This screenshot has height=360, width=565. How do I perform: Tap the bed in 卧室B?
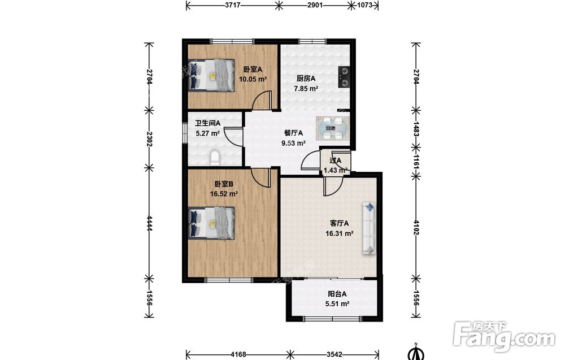click(x=211, y=223)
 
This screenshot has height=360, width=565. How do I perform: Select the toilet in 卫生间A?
click(x=214, y=158)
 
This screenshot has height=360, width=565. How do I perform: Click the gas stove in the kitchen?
click(x=344, y=77)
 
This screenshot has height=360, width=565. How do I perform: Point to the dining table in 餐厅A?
click(x=333, y=128)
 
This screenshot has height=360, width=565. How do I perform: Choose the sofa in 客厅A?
click(x=369, y=228)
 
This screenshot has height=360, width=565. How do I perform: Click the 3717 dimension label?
click(x=232, y=6)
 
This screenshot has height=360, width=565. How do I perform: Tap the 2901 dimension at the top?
click(x=315, y=6)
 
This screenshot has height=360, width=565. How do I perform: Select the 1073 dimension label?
click(x=364, y=6)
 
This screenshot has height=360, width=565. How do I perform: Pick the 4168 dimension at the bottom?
click(x=238, y=354)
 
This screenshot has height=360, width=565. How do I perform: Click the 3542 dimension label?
click(x=334, y=354)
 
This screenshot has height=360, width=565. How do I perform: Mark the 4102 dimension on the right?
click(x=416, y=227)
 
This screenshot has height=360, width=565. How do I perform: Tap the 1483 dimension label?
click(x=416, y=129)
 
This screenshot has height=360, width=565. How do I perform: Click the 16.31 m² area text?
click(x=340, y=233)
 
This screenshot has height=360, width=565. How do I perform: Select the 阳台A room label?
click(x=337, y=294)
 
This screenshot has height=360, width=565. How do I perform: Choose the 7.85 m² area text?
click(x=306, y=88)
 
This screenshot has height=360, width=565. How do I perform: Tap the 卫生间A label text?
click(x=207, y=123)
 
